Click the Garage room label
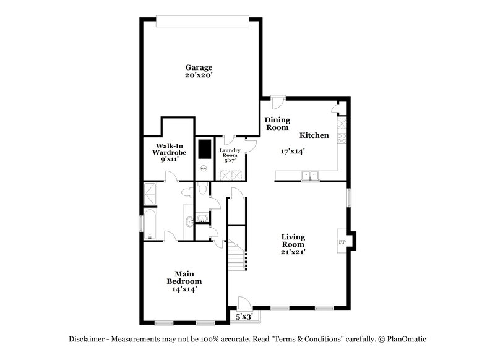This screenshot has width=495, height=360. click(199, 67)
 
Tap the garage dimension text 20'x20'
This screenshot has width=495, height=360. click(199, 75)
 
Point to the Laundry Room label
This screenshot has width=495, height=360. click(229, 153)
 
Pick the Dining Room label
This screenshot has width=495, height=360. click(277, 124)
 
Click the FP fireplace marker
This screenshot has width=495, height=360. click(342, 241)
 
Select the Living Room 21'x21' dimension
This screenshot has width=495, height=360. click(294, 252)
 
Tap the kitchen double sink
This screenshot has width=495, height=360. click(309, 176)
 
